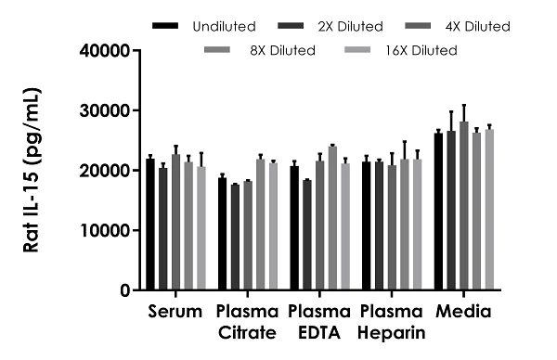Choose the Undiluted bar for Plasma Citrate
click(x=222, y=234)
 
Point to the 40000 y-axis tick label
click(x=103, y=50)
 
